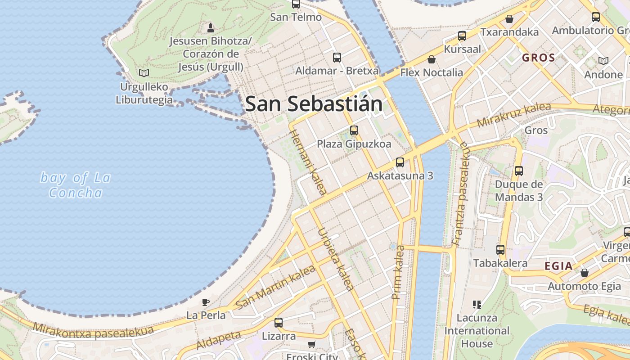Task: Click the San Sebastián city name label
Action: pos(314,104)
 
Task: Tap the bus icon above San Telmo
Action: pos(296,4)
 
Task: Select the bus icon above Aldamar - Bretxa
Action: pos(337,58)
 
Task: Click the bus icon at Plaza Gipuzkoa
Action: pos(354,130)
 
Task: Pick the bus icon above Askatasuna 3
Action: pos(400,162)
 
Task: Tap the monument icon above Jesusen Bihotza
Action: pos(210,28)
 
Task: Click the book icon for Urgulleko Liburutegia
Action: pos(144,73)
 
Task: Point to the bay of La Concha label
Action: pos(75,185)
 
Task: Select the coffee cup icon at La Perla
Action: pos(206,302)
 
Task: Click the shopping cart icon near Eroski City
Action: pos(311,345)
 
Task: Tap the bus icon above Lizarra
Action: pos(279,323)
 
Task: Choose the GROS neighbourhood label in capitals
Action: pos(539,58)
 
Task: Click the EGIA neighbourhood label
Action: pos(558,266)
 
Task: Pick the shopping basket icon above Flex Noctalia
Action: pos(432,59)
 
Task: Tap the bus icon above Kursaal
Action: pos(462,36)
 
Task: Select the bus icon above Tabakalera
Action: pos(500,250)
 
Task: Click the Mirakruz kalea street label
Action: pos(513,115)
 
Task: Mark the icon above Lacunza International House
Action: pos(477,305)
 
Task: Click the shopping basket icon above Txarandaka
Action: pos(509,19)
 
